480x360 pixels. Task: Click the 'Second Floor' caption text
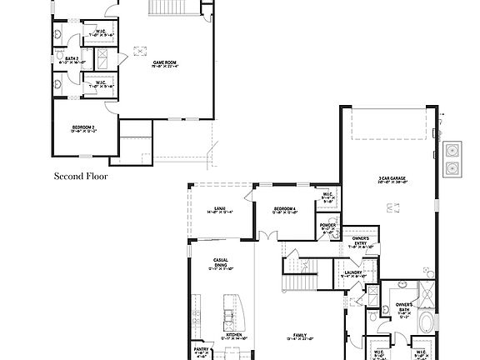point(81,177)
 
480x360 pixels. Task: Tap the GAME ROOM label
point(163,63)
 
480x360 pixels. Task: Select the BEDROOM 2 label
point(82,128)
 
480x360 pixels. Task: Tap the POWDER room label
point(327,226)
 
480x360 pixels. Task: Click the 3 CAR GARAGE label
point(391,178)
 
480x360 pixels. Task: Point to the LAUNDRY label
point(352,273)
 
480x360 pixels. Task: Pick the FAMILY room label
point(297,337)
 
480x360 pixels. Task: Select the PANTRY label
point(200,351)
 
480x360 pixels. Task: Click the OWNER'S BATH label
point(404,308)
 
